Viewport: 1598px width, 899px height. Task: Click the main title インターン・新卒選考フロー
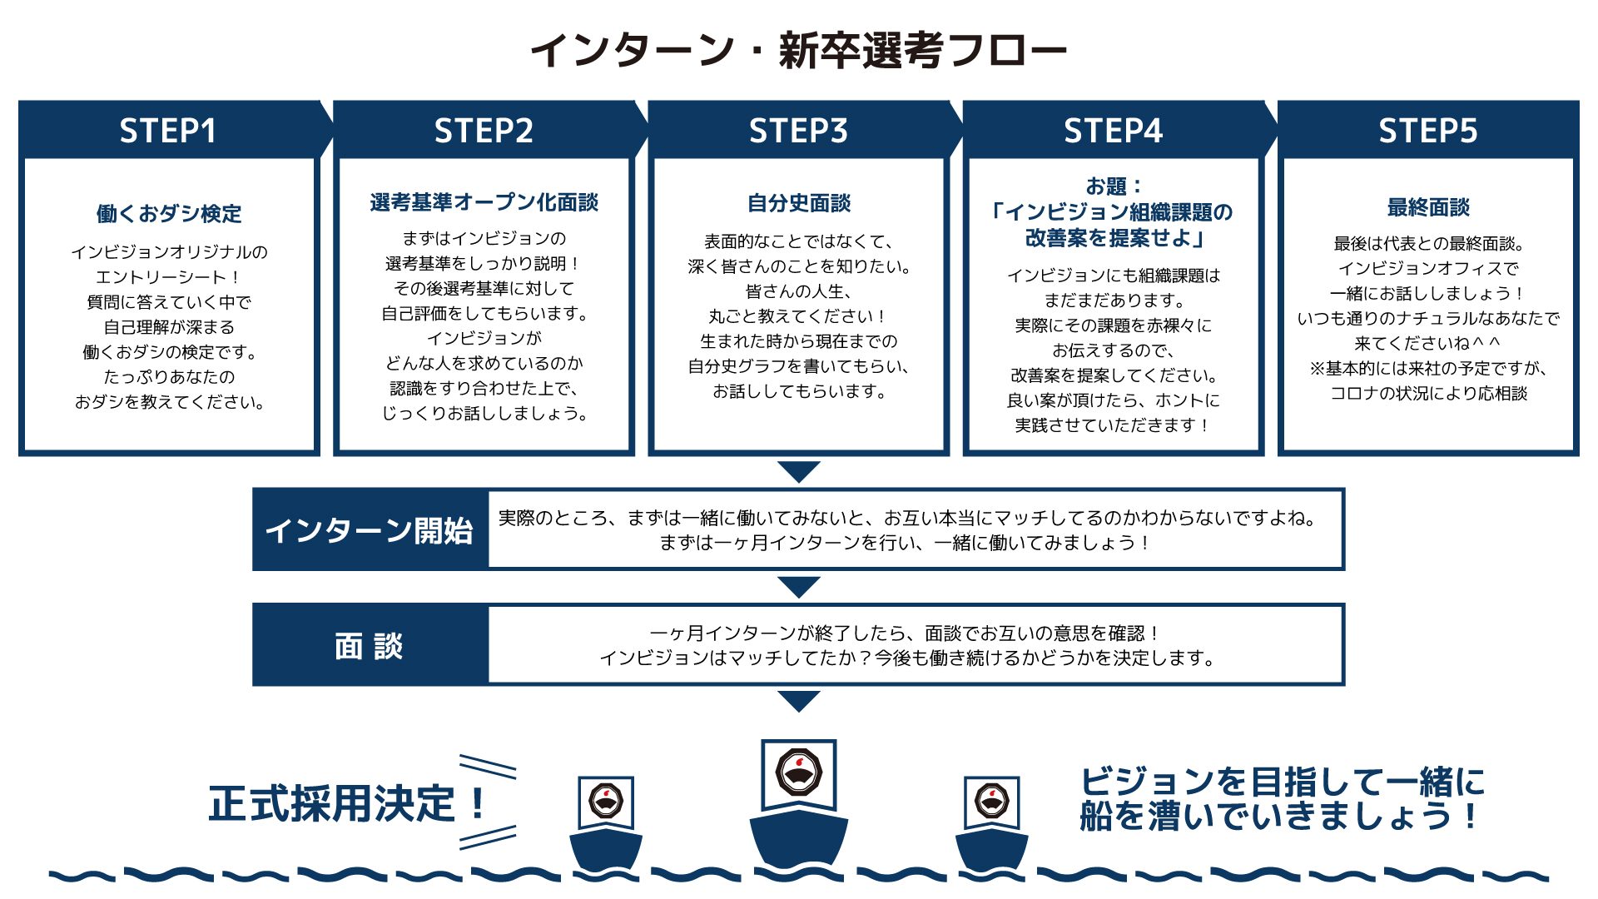(x=798, y=50)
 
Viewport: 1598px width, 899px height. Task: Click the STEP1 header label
(x=167, y=131)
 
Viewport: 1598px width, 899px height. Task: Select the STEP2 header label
(x=484, y=131)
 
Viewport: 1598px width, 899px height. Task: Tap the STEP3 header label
(x=798, y=131)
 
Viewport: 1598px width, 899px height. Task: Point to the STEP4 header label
(x=1113, y=131)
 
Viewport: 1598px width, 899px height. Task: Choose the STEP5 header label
(x=1428, y=131)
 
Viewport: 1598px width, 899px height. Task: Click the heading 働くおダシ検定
(x=169, y=214)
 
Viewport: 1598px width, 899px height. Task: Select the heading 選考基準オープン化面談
(x=484, y=202)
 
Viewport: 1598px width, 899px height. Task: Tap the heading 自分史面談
(x=798, y=203)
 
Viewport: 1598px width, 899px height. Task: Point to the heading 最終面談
(x=1428, y=207)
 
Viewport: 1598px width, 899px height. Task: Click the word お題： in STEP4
(x=1114, y=186)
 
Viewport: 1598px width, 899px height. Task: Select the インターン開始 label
(x=369, y=530)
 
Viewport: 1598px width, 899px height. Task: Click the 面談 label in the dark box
(x=369, y=646)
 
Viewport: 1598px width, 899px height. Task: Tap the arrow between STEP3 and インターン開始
(x=798, y=472)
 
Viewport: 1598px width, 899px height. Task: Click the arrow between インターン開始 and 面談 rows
(x=798, y=588)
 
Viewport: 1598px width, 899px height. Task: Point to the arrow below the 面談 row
(x=798, y=702)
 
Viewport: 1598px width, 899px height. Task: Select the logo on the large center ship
(x=798, y=772)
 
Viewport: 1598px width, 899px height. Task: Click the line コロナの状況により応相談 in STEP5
(x=1428, y=394)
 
